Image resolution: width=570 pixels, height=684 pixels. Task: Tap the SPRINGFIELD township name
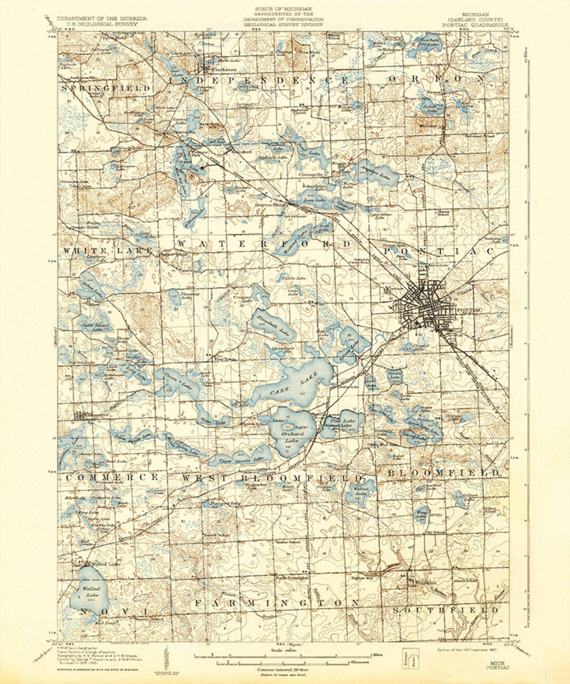[106, 88]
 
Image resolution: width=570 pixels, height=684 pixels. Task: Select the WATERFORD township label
[263, 244]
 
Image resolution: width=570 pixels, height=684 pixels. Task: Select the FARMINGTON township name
[278, 602]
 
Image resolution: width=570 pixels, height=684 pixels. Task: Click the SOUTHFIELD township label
[445, 610]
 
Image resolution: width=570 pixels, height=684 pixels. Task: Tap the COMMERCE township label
[112, 477]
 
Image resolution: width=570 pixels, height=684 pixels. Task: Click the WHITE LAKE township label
[108, 250]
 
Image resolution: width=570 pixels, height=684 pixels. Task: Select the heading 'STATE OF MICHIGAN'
[283, 9]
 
